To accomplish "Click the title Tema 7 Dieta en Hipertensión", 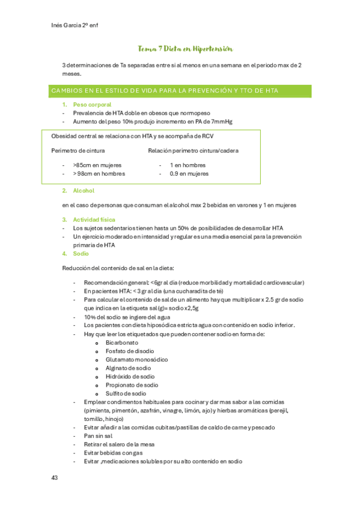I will click(185, 49).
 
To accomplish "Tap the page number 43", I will click(54, 478).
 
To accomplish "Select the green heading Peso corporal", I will click(92, 105).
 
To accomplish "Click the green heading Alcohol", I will click(84, 191).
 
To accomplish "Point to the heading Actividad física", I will click(94, 220).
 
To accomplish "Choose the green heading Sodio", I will click(81, 254).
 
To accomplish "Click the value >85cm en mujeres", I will click(97, 165).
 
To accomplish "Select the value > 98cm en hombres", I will click(99, 174).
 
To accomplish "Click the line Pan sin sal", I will click(99, 436).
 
